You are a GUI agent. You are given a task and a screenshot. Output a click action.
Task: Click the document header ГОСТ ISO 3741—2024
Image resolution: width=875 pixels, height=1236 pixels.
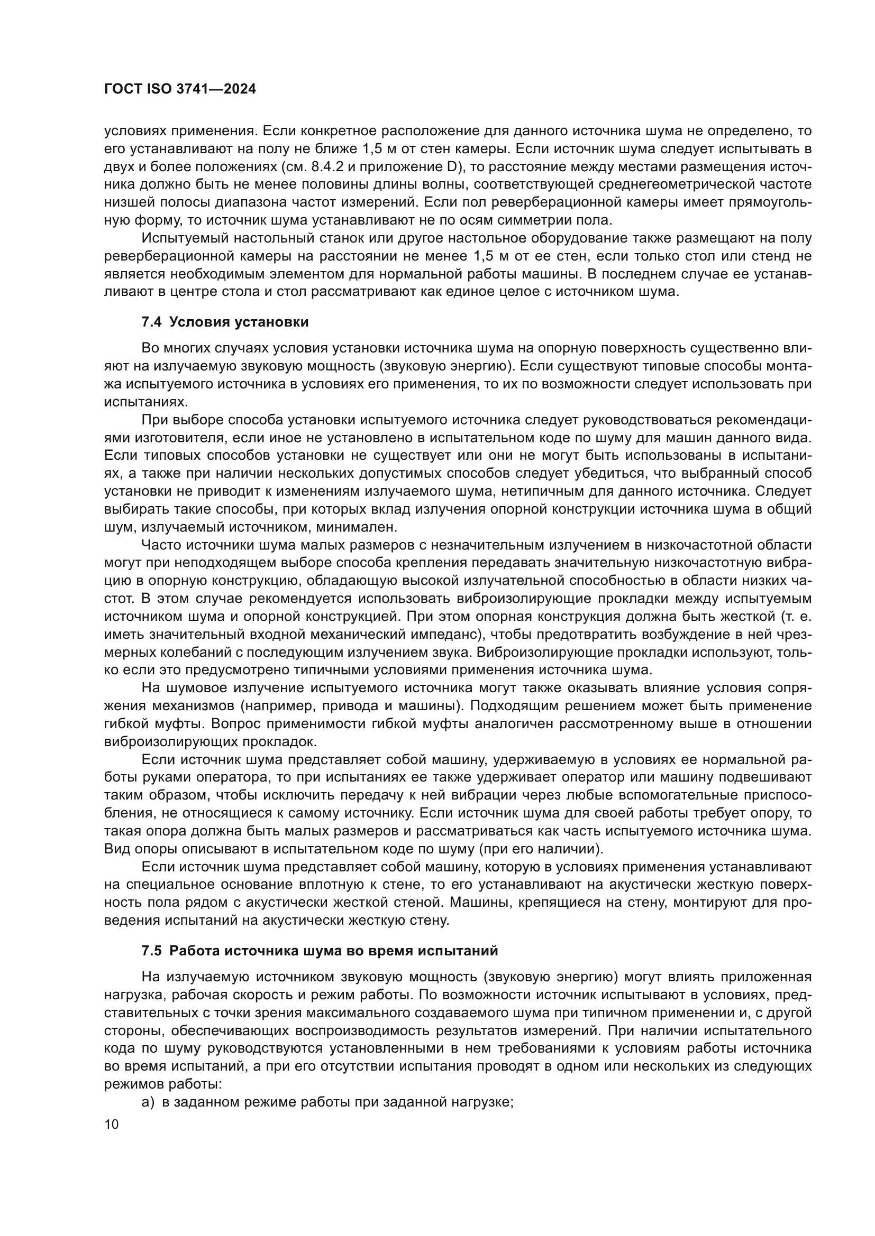179,89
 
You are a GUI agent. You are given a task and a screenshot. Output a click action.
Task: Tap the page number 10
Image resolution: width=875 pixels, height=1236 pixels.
112,1124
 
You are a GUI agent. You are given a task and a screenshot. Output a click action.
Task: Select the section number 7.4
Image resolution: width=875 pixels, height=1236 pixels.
151,322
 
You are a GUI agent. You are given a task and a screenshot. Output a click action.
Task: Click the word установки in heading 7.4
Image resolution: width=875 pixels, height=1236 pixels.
277,322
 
